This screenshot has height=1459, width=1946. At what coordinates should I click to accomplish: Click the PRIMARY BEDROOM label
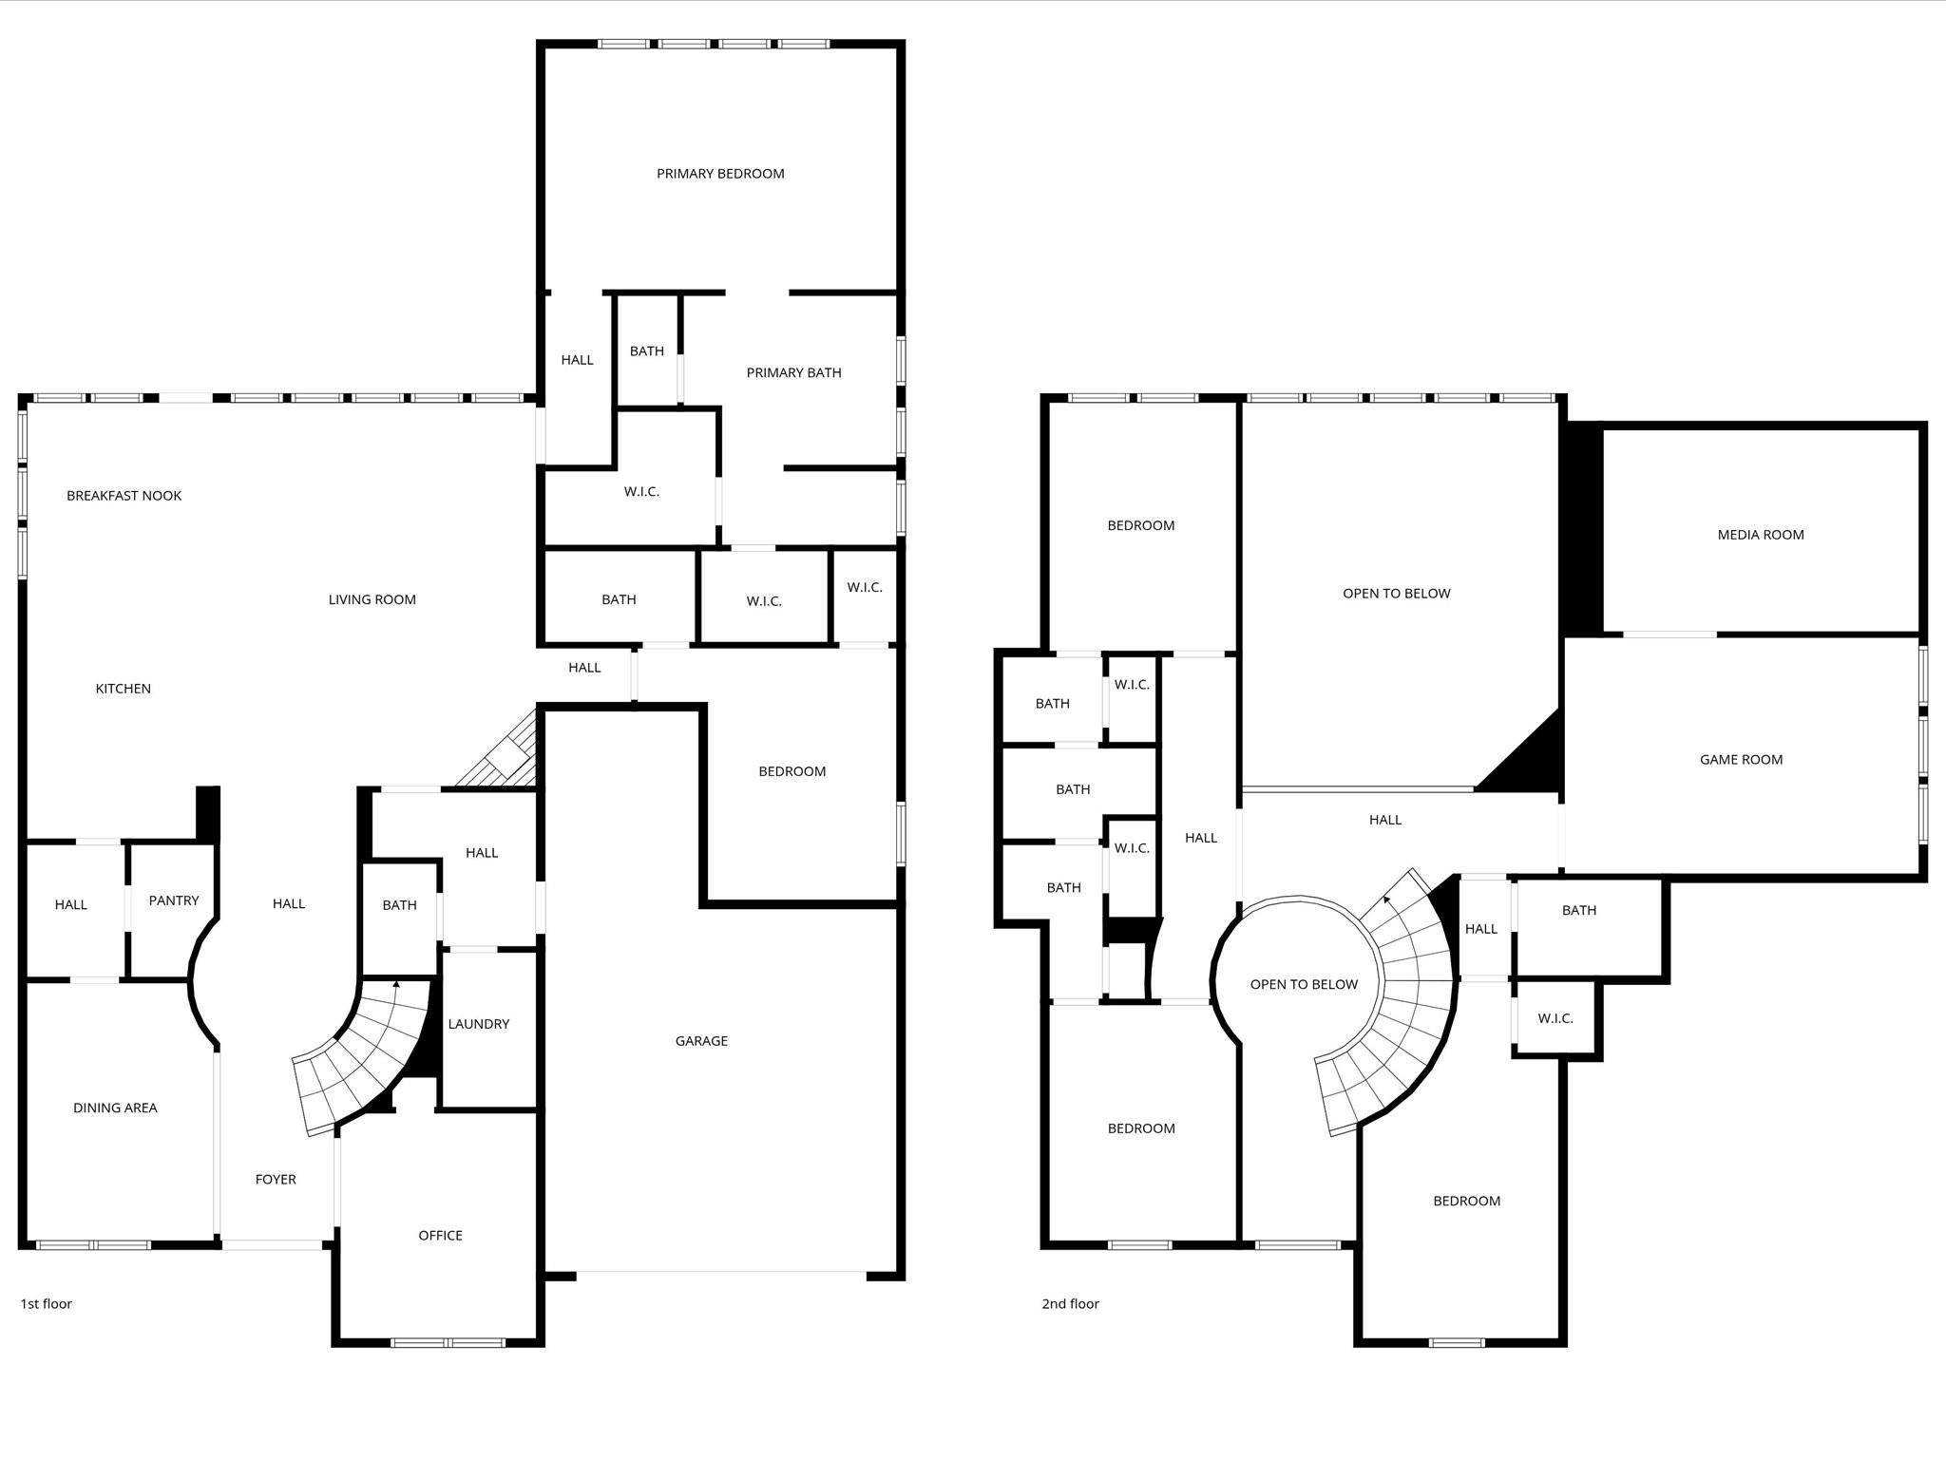tap(720, 174)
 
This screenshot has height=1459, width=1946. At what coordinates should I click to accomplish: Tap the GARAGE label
tap(701, 1041)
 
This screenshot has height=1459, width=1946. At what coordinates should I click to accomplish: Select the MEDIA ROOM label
tap(1760, 535)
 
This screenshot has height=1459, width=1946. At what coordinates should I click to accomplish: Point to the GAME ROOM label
tap(1741, 760)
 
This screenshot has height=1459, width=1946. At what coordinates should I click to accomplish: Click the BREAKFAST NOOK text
tap(124, 496)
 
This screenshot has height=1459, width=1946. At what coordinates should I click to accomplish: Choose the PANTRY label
tap(174, 900)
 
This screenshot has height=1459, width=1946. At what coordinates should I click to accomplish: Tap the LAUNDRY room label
tap(478, 1024)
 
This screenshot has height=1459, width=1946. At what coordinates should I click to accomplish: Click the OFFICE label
tap(440, 1236)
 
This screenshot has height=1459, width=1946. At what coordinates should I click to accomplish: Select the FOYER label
tap(276, 1180)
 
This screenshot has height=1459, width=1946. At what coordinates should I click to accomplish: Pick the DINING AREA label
tap(115, 1108)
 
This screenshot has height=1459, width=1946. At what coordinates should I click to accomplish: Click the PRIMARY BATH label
tap(793, 373)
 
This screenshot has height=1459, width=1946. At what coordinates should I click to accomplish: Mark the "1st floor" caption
tap(46, 1304)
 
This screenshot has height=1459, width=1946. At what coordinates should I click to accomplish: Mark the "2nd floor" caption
tap(1070, 1304)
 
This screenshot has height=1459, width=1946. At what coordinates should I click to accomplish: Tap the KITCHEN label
tap(123, 689)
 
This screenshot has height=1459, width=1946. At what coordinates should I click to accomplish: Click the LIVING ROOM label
tap(372, 599)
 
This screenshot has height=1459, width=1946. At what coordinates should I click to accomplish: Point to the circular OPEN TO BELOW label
tap(1304, 985)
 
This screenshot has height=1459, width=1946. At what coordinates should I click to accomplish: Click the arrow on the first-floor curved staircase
tap(396, 985)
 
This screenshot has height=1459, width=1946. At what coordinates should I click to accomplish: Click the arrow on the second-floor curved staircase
tap(1388, 898)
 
